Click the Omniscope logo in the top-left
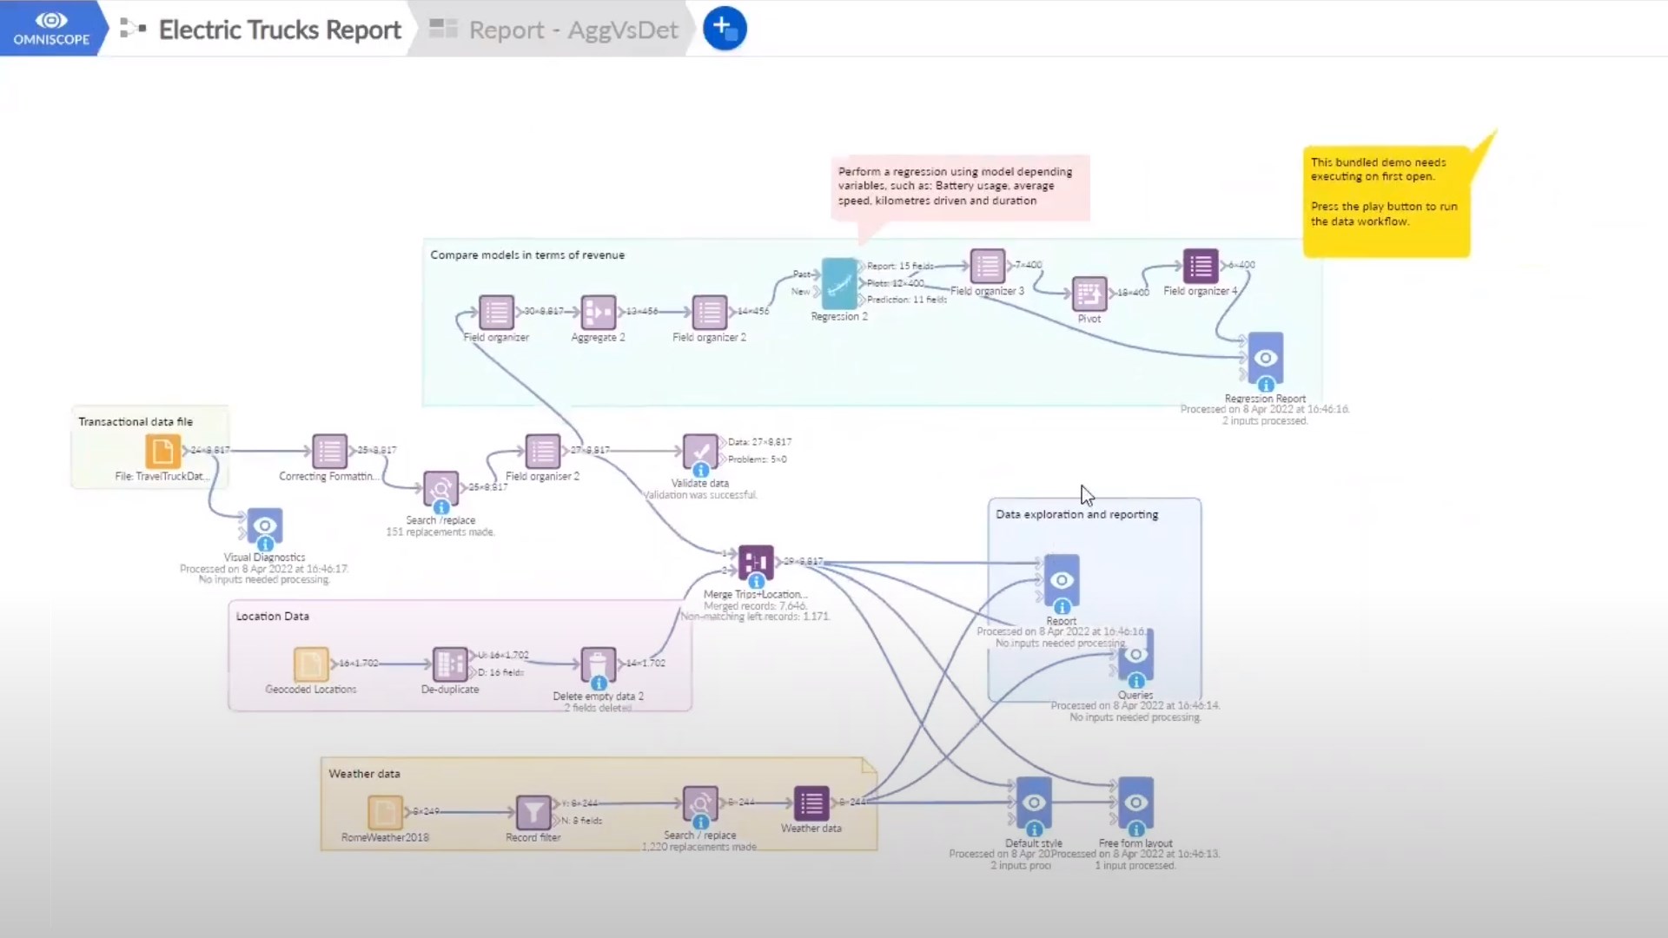(51, 28)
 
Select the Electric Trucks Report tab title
(279, 30)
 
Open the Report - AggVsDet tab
(573, 30)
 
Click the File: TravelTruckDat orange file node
(162, 452)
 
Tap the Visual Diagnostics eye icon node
(264, 526)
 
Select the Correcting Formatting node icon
(329, 452)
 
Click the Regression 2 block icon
(839, 283)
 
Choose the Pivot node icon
(1089, 294)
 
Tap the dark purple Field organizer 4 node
(1201, 267)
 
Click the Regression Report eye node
(1266, 358)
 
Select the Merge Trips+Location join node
(756, 563)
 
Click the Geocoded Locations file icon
(311, 664)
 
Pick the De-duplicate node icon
(450, 664)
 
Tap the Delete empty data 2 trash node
(599, 664)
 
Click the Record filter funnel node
(533, 813)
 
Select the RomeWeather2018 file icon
(385, 813)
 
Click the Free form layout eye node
(1135, 803)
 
